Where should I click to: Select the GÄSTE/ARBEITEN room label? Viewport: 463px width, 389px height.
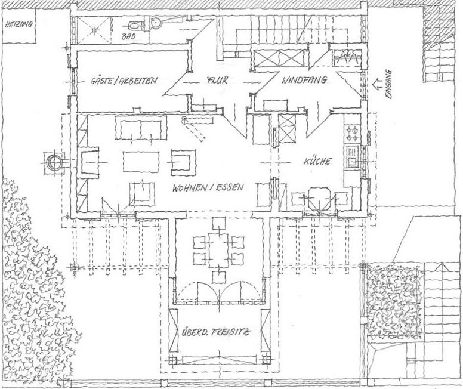tap(124, 82)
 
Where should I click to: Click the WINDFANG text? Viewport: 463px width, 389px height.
tap(304, 82)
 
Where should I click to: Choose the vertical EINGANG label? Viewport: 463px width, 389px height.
tap(388, 85)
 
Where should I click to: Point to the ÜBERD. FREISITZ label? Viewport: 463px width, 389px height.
tap(215, 331)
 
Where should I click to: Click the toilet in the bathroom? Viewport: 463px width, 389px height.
tap(135, 26)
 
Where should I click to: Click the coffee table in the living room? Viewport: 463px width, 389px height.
tap(141, 162)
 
